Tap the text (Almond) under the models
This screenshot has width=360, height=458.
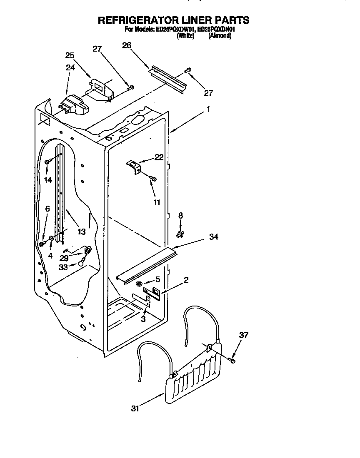point(220,36)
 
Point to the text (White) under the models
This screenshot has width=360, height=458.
point(185,36)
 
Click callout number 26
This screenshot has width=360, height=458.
point(127,45)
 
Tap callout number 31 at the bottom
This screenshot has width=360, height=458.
point(135,408)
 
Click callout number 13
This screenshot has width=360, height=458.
point(81,231)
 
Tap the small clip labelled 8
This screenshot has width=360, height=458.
point(180,234)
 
